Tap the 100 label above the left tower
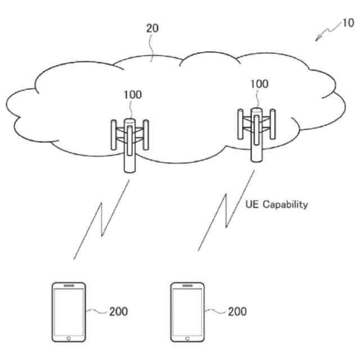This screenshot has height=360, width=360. (x=133, y=95)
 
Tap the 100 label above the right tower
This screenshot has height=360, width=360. (x=259, y=84)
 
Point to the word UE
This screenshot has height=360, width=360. (x=253, y=204)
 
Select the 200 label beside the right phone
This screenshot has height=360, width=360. (x=236, y=310)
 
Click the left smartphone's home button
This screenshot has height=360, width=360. (x=69, y=339)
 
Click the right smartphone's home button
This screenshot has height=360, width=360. (x=187, y=339)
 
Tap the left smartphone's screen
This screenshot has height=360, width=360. (x=69, y=312)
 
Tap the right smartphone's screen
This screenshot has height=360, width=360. (x=187, y=312)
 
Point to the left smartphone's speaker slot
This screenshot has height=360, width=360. (x=69, y=286)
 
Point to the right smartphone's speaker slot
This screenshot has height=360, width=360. (x=187, y=286)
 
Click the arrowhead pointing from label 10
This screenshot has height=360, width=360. (x=319, y=39)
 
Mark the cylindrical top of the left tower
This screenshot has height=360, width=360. (x=129, y=121)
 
